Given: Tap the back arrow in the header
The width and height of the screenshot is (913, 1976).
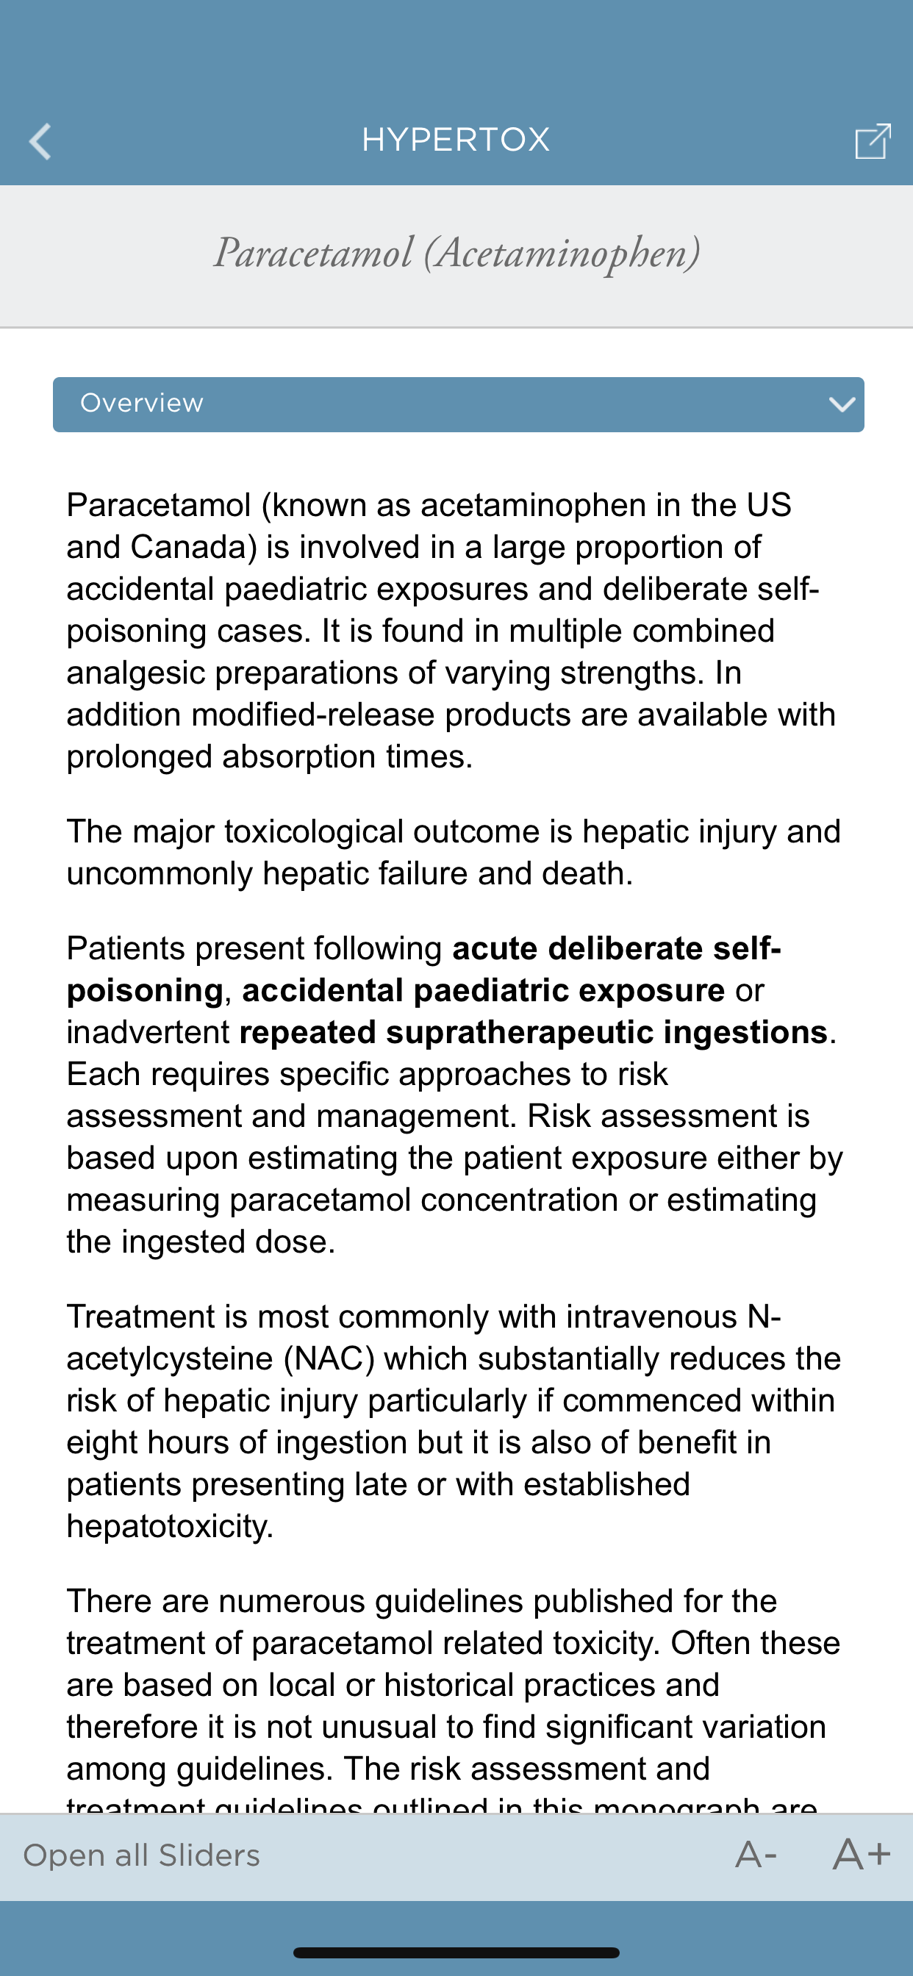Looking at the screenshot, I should pyautogui.click(x=40, y=142).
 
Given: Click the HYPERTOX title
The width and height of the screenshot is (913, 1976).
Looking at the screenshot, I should pyautogui.click(x=456, y=140).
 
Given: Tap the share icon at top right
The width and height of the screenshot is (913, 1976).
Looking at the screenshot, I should pyautogui.click(x=873, y=141).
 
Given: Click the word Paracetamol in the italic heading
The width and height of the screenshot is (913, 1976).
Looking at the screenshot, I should pyautogui.click(x=313, y=253).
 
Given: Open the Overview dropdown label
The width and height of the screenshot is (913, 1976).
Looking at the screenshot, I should pyautogui.click(x=142, y=404).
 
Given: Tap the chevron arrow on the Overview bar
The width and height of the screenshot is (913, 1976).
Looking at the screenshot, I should pyautogui.click(x=842, y=404).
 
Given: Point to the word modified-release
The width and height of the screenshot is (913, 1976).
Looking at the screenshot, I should pyautogui.click(x=313, y=715).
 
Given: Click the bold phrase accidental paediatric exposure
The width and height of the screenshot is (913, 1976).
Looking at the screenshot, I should pyautogui.click(x=484, y=991).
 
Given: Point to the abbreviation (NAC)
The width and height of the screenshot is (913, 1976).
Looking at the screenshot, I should pyautogui.click(x=329, y=1359).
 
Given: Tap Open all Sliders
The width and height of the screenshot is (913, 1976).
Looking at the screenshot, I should pyautogui.click(x=142, y=1855).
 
